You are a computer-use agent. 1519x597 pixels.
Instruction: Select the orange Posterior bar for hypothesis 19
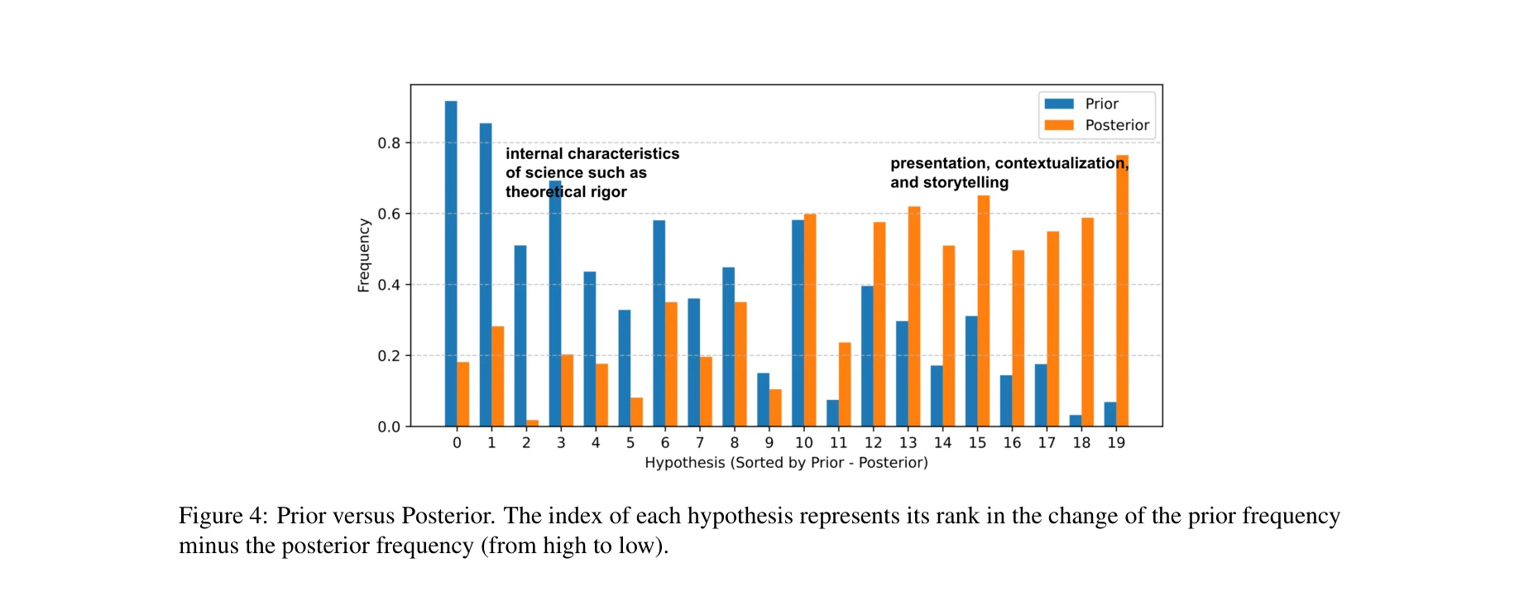(x=1122, y=291)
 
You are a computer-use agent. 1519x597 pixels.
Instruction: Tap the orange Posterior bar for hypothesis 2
(x=533, y=423)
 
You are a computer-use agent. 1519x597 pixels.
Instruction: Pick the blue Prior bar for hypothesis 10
(x=798, y=323)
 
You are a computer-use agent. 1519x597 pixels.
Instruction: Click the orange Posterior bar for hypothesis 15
(x=983, y=311)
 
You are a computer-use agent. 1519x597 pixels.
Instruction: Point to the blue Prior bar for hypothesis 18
(x=1075, y=421)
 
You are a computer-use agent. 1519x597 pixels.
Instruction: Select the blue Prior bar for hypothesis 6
(x=659, y=323)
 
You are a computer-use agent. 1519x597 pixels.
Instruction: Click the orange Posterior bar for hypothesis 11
(x=845, y=384)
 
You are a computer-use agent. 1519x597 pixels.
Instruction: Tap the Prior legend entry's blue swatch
(x=1058, y=104)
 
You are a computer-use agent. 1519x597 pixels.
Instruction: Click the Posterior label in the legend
(x=1117, y=125)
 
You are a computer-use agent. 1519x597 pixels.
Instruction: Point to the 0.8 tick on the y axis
(x=389, y=143)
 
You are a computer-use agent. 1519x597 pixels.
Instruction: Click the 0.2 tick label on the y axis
(x=389, y=356)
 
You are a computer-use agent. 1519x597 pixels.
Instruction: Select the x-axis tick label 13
(x=908, y=443)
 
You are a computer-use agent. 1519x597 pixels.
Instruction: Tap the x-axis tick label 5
(x=630, y=443)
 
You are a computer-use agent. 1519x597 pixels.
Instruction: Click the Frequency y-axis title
(x=363, y=255)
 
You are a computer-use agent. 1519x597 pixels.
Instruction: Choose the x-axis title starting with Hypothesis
(x=786, y=463)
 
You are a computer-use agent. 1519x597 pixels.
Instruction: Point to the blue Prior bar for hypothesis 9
(x=763, y=400)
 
